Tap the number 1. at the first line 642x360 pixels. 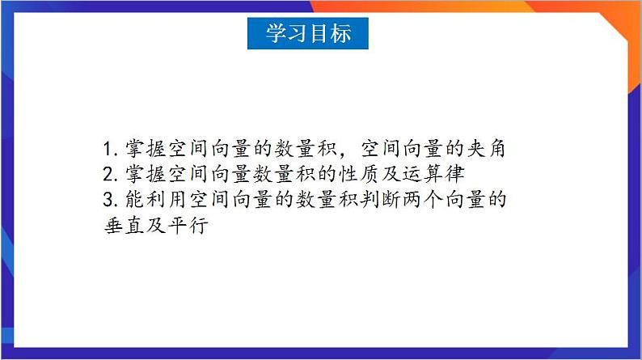click(x=112, y=149)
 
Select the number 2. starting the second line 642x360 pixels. click(x=112, y=174)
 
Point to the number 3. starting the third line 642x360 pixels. click(x=112, y=199)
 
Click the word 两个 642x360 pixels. click(x=416, y=199)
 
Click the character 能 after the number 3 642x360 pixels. click(x=133, y=199)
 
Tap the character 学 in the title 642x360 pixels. click(x=277, y=33)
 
